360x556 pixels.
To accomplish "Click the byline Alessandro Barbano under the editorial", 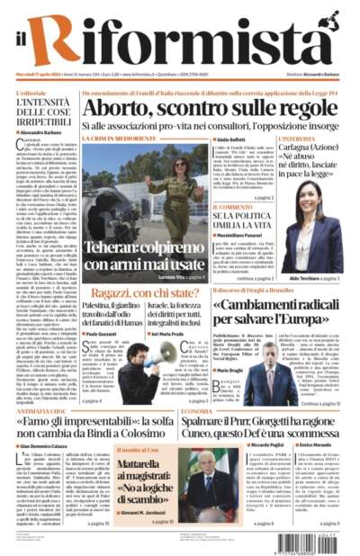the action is (x=45, y=132).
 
